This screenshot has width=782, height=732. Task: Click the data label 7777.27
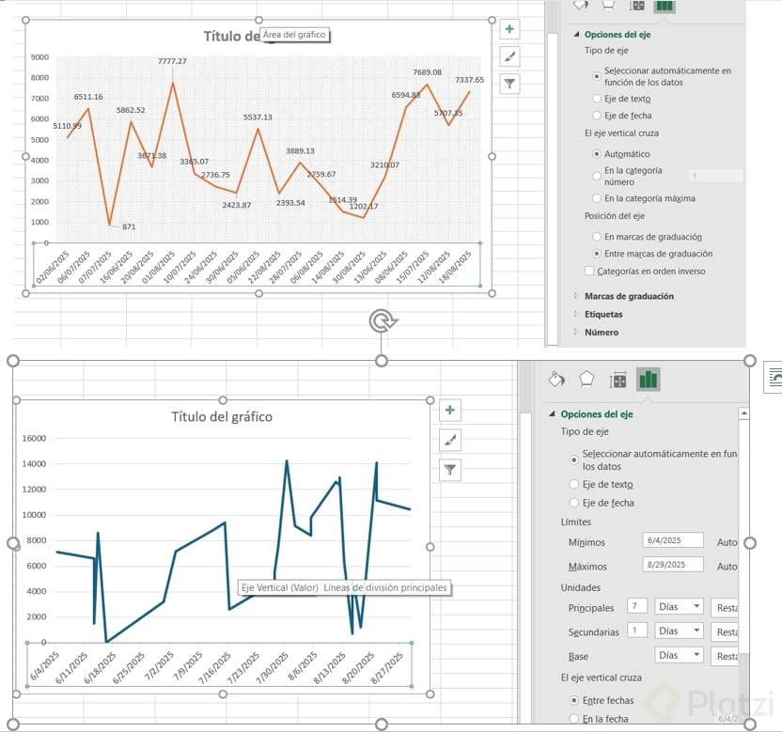point(172,61)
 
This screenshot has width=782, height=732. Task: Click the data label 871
point(129,226)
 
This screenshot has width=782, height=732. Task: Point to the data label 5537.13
point(257,117)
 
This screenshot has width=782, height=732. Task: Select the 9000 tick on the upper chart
point(39,57)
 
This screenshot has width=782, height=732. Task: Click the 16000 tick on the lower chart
point(33,438)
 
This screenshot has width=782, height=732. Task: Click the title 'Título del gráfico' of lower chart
point(222,416)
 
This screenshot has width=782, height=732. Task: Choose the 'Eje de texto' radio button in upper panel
point(597,99)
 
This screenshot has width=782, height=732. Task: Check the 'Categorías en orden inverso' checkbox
point(589,272)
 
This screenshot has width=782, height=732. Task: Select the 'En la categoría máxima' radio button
point(597,198)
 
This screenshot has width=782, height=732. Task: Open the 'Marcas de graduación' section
point(629,296)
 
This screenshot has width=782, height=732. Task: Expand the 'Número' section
point(602,332)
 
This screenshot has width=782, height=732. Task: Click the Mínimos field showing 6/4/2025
point(674,540)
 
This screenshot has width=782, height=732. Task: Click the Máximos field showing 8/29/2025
point(674,566)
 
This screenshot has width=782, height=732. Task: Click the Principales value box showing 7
point(637,606)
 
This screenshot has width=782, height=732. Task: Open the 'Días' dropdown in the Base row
point(679,655)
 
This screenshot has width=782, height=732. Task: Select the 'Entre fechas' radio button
point(574,700)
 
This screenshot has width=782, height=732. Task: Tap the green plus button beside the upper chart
point(509,29)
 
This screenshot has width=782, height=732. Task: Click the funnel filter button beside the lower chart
point(451,469)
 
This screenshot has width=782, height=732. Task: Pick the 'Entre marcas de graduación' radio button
point(597,254)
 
